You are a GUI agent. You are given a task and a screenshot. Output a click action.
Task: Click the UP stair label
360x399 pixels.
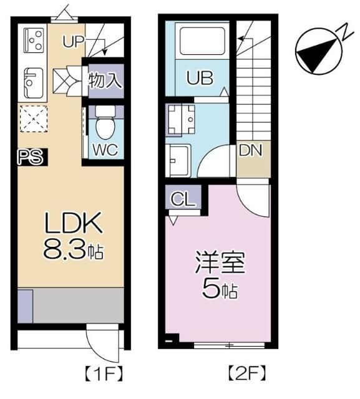(x=74, y=42)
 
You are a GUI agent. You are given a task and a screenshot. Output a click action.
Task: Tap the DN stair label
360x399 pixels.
(x=250, y=150)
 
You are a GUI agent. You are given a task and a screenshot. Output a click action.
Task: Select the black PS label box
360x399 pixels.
(x=30, y=157)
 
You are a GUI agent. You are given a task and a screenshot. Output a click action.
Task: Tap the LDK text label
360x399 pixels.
(x=70, y=223)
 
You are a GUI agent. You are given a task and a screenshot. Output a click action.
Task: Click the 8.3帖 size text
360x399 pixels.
(x=72, y=251)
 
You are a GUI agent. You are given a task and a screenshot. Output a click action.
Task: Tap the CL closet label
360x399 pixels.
(x=182, y=200)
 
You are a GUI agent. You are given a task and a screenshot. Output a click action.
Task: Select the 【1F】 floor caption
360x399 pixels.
(x=104, y=375)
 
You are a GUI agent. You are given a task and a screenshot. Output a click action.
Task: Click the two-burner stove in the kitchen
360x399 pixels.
(x=33, y=41)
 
